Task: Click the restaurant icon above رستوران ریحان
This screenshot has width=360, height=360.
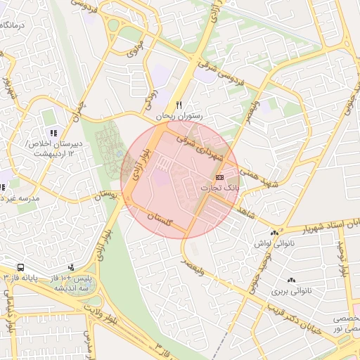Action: pyautogui.click(x=179, y=104)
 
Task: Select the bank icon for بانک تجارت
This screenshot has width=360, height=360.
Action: pyautogui.click(x=220, y=177)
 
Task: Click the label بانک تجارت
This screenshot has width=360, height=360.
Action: pyautogui.click(x=219, y=188)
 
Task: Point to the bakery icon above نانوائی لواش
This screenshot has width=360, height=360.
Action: pyautogui.click(x=274, y=233)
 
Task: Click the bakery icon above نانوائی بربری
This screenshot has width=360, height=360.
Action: pyautogui.click(x=291, y=280)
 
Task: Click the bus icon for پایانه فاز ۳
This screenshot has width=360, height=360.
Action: pyautogui.click(x=22, y=268)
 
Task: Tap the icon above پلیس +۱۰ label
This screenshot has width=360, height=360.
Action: pyautogui.click(x=72, y=267)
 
